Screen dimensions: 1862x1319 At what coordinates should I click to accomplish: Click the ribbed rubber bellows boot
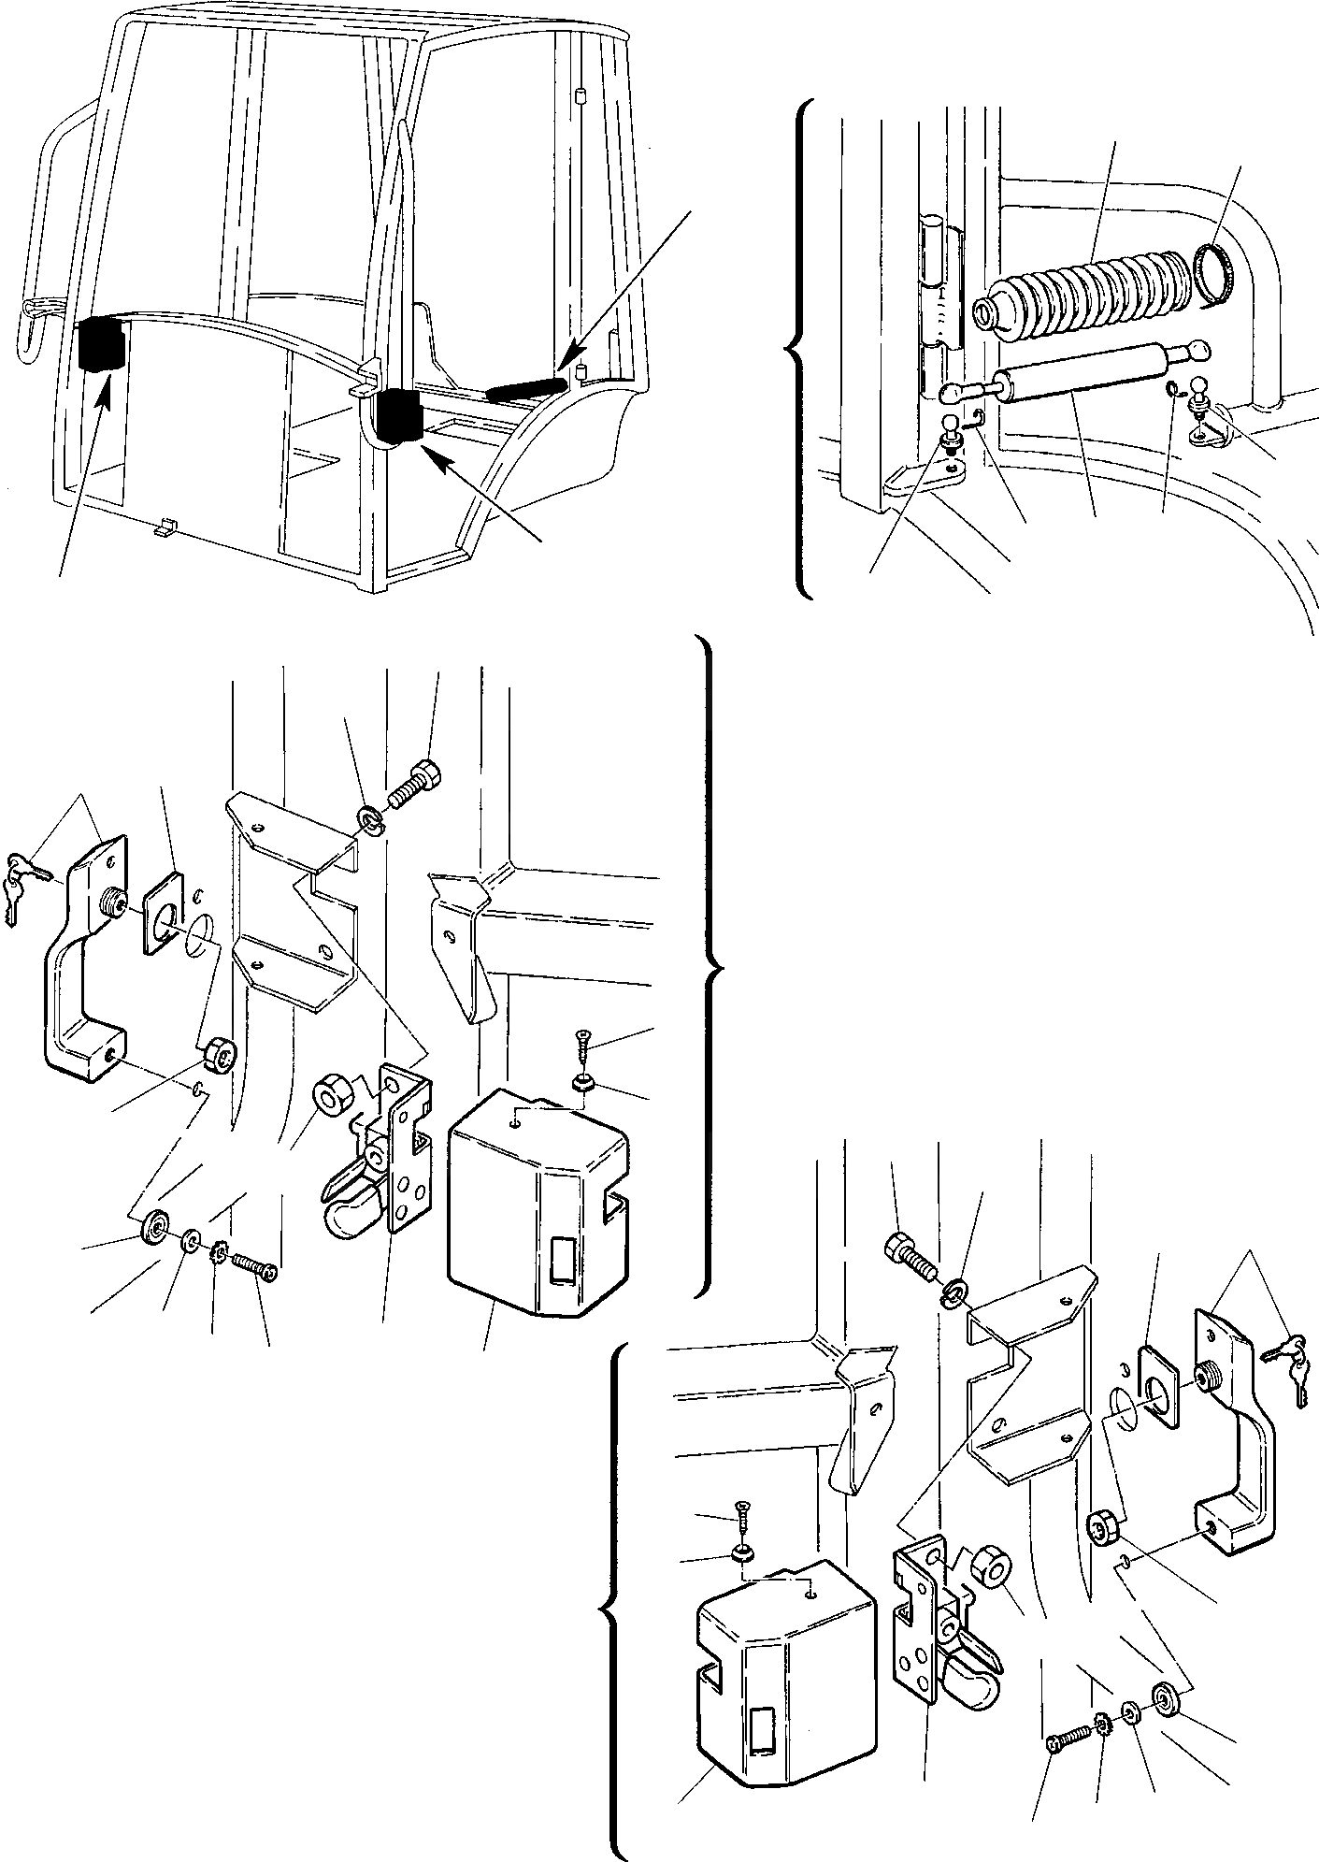[x=1084, y=290]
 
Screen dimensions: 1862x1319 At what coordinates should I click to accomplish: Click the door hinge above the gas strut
[x=939, y=290]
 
